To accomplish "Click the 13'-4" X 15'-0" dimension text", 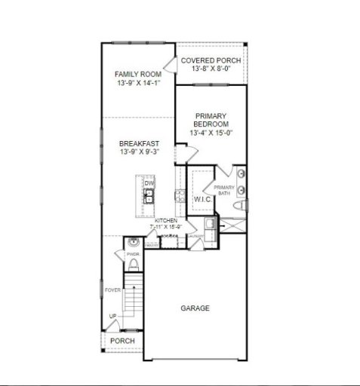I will (211, 133).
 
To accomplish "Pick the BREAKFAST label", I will (140, 142).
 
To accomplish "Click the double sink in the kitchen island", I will (149, 197).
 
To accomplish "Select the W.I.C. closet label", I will (202, 199).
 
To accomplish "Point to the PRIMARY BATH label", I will (224, 190).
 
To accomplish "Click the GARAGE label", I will (195, 308).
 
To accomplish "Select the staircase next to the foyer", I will (133, 299).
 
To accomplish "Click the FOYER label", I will (112, 289).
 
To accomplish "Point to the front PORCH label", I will (122, 341).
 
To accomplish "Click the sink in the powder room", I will (133, 243).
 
